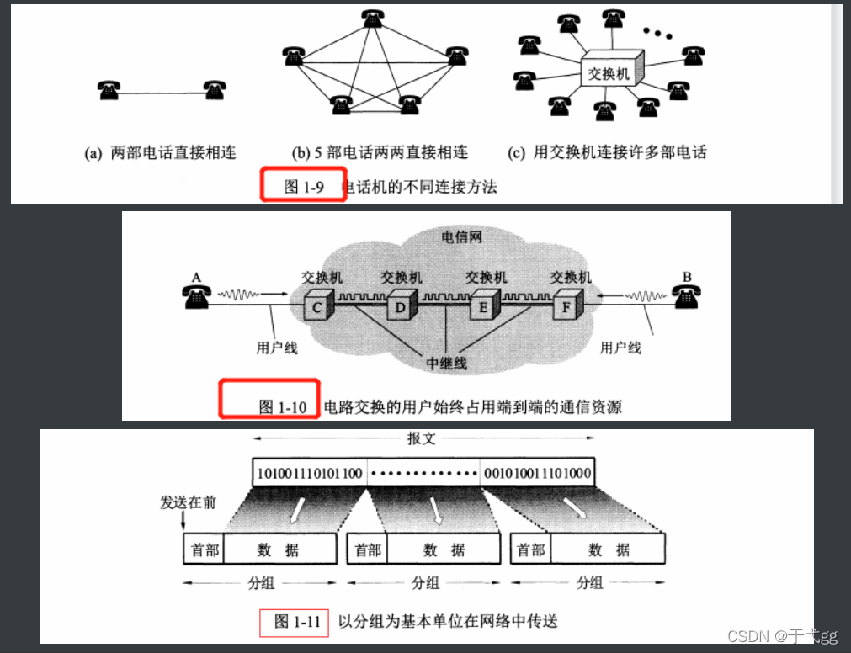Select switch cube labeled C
coord(316,306)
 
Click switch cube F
coord(566,306)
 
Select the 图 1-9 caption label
coord(304,187)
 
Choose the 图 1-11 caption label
coord(297,622)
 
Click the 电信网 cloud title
coord(461,236)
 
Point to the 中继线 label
coord(446,364)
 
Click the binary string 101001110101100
coord(311,473)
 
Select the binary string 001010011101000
coord(536,473)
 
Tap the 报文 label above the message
coord(422,438)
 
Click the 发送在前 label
coord(188,502)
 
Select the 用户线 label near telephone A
coord(277,347)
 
